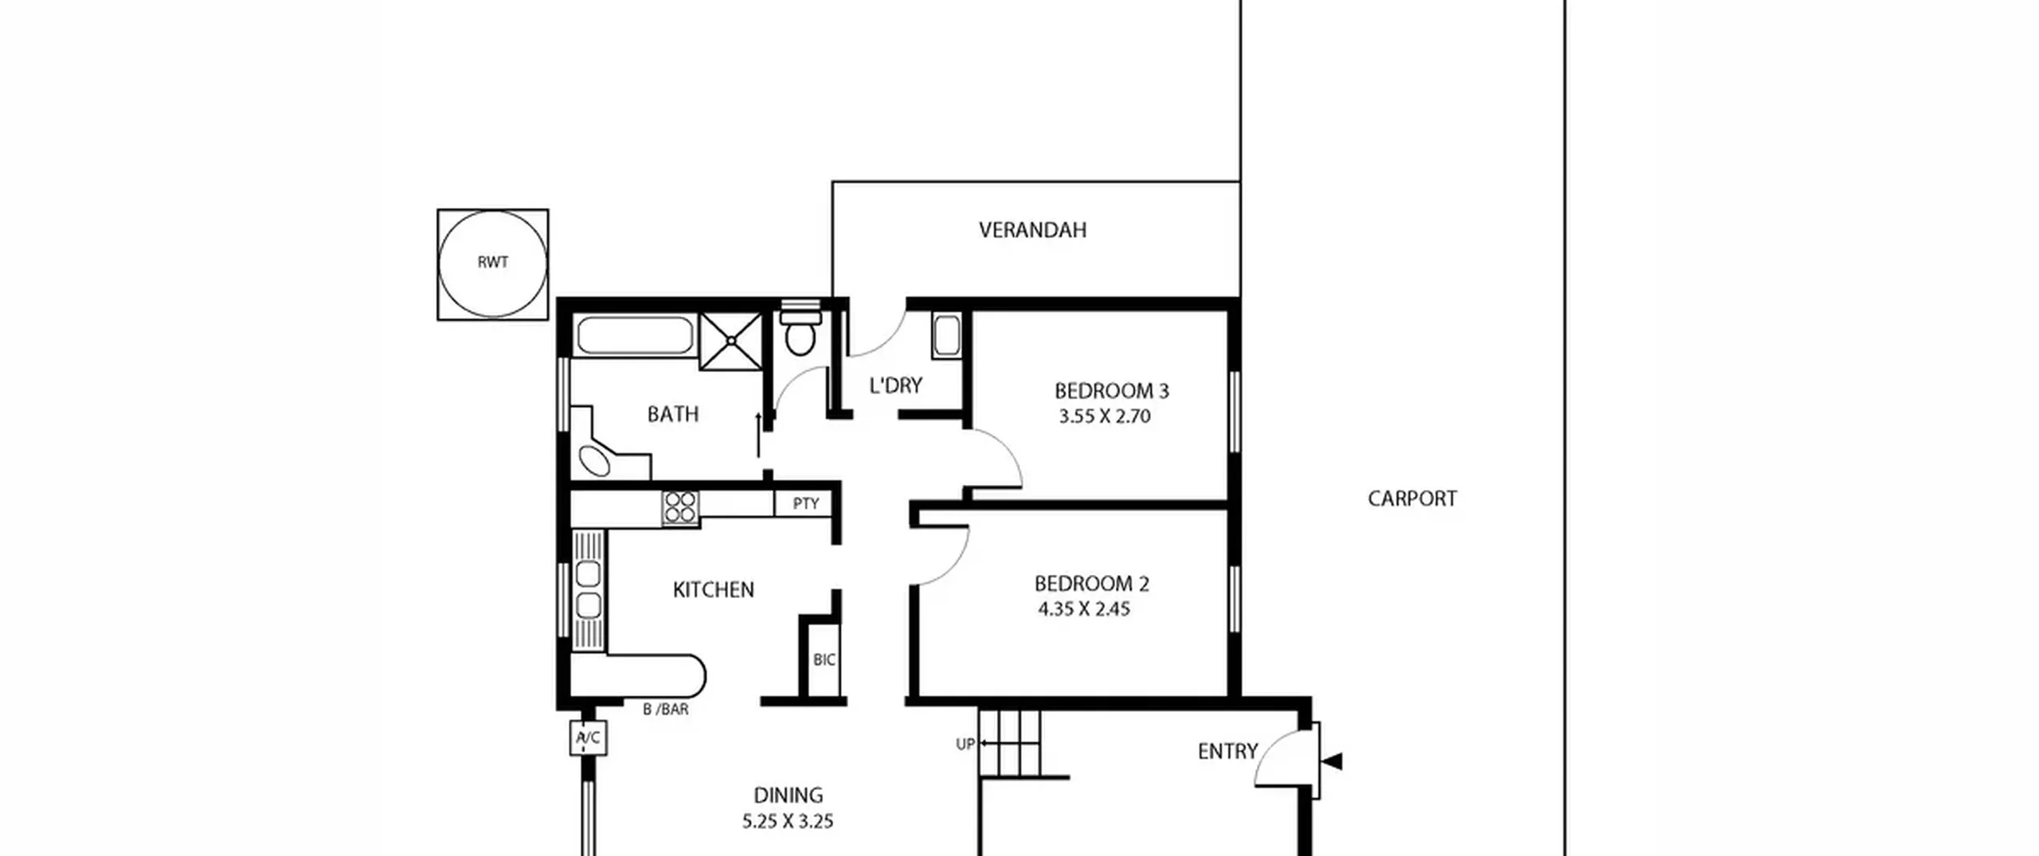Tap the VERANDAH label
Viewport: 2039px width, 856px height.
coord(1032,230)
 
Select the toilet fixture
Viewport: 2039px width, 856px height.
coord(800,328)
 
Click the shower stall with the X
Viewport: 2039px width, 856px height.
coord(730,341)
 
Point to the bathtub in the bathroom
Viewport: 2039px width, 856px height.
coord(635,335)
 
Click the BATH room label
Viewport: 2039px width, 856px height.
coord(673,414)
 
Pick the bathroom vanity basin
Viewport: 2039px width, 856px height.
coord(595,461)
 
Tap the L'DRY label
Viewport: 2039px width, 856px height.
coord(896,385)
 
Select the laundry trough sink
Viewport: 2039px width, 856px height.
coord(947,336)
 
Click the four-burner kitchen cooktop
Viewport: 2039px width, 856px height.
coord(680,507)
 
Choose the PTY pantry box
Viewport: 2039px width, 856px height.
coord(806,503)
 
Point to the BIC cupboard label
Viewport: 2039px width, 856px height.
coord(824,660)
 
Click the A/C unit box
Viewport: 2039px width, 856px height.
coord(589,738)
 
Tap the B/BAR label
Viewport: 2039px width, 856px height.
coord(666,709)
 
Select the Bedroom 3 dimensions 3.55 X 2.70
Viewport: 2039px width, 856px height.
coord(1105,416)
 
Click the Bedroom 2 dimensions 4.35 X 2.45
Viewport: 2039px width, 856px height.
coord(1084,609)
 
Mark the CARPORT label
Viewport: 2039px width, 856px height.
coord(1412,499)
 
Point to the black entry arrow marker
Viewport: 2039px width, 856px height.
coord(1333,762)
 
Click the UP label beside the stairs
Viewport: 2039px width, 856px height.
coord(965,745)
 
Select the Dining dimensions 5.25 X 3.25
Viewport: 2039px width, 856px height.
coord(788,822)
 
